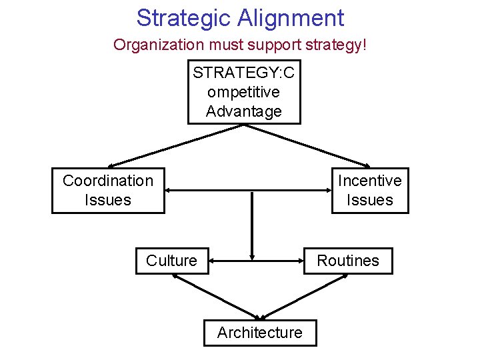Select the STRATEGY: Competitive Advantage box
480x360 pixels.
(244, 92)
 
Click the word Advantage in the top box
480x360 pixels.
(244, 111)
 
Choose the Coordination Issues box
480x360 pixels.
(108, 190)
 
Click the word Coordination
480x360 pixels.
(108, 181)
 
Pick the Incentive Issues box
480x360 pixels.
(370, 190)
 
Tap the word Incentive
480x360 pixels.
(370, 181)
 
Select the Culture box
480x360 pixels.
(172, 261)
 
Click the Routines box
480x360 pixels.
(348, 261)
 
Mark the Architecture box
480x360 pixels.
(260, 333)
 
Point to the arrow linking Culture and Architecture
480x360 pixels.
(215, 297)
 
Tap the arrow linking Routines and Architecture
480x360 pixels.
(303, 297)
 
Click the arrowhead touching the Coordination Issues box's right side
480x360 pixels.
(169, 191)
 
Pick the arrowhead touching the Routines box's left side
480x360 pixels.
(301, 261)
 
